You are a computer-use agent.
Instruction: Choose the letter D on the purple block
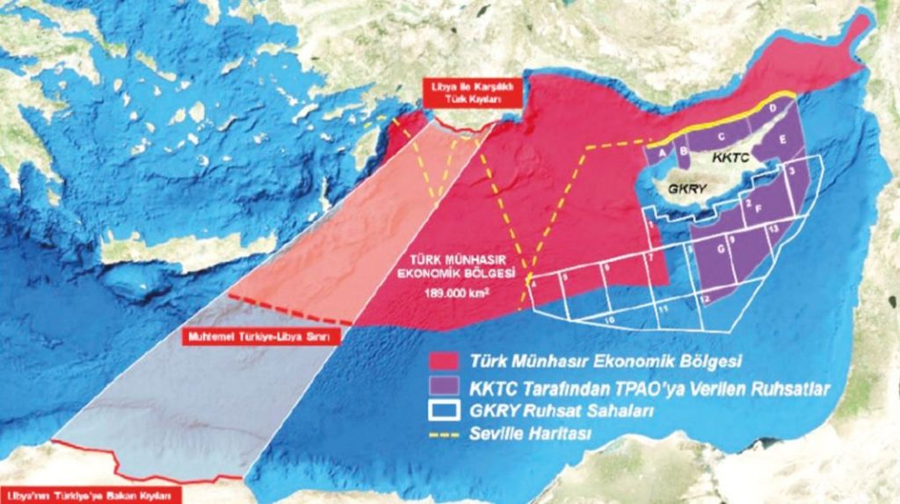coord(772,108)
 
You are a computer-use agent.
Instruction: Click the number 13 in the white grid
coord(772,227)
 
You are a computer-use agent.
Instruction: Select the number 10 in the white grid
coord(610,320)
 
